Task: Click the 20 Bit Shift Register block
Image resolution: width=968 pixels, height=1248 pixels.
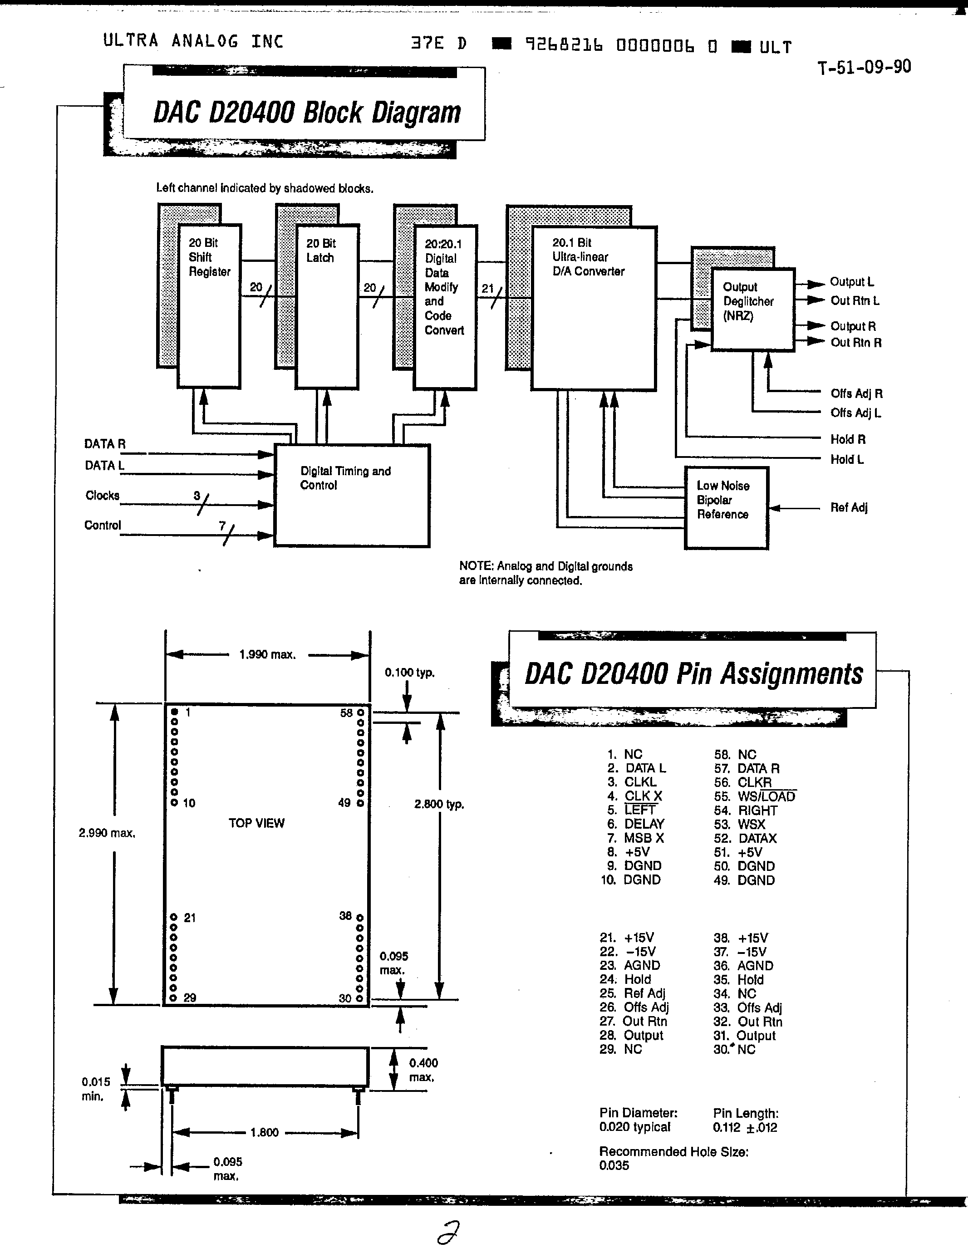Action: click(209, 306)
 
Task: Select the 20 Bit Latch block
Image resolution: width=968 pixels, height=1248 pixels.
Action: click(326, 306)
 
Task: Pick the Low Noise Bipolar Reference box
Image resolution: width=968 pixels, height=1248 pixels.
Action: click(726, 507)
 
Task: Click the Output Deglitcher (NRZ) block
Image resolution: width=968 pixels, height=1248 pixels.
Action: click(752, 309)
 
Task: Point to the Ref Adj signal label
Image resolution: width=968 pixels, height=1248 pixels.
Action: click(849, 507)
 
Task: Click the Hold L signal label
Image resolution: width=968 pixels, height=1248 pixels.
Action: click(847, 459)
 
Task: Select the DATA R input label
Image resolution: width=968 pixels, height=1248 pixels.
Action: click(104, 444)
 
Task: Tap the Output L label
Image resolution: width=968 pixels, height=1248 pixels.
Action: click(851, 282)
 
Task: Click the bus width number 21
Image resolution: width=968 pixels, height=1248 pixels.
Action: click(487, 289)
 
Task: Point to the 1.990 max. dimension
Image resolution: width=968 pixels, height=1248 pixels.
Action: click(267, 655)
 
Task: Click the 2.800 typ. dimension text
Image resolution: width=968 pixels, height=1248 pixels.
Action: click(439, 804)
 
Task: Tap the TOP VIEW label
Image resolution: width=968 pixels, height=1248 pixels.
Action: click(256, 823)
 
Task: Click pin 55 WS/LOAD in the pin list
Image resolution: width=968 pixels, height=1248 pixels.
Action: click(755, 796)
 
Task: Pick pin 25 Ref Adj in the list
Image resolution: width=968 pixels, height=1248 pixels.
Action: click(633, 993)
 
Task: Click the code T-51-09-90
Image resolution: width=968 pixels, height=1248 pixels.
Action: click(864, 68)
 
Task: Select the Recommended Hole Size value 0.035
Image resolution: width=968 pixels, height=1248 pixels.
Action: click(614, 1165)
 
